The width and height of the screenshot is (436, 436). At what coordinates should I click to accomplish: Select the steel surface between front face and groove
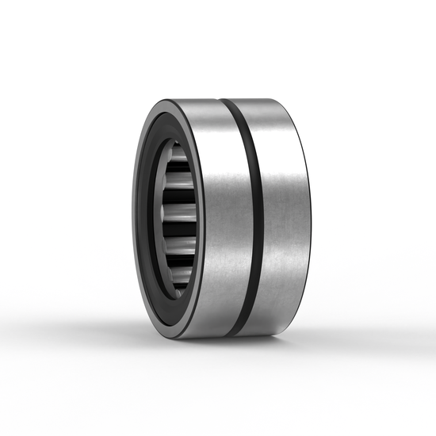[x=222, y=218]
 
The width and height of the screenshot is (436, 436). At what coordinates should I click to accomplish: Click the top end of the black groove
[x=225, y=102]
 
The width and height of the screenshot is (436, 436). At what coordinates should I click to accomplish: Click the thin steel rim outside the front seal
[x=134, y=218]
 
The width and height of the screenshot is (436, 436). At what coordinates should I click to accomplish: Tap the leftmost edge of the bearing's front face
[x=132, y=218]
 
